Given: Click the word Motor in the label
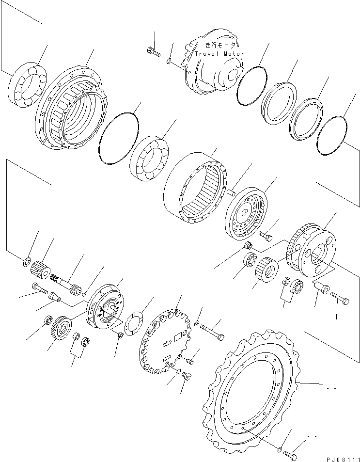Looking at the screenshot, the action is tap(234, 54).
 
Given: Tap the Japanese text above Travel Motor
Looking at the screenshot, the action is tap(220, 45).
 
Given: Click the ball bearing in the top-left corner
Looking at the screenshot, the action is tap(27, 84).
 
